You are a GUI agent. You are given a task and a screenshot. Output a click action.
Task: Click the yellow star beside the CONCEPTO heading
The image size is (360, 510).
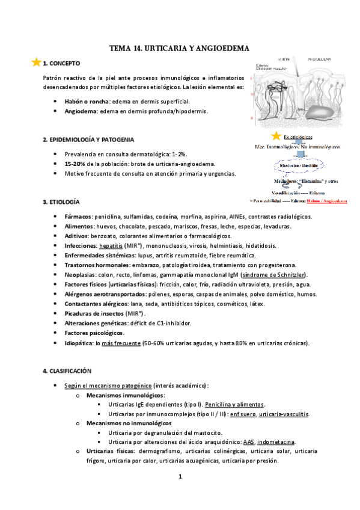[x=36, y=62]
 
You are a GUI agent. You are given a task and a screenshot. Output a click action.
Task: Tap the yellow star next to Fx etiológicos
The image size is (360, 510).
[x=276, y=137]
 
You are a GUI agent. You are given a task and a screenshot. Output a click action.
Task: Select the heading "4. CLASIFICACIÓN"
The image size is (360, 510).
[x=67, y=372]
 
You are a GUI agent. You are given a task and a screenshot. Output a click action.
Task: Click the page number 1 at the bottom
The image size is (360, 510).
[x=180, y=478]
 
